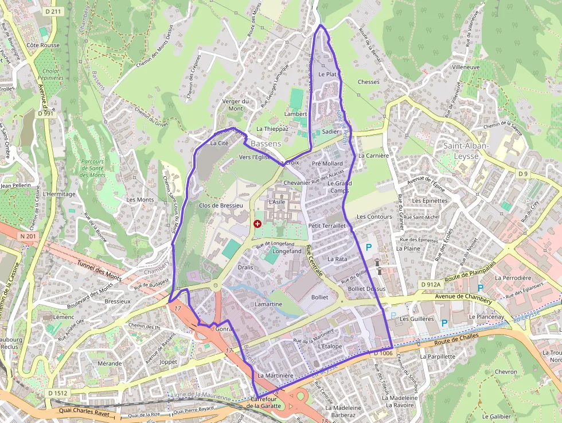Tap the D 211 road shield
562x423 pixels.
click(53, 11)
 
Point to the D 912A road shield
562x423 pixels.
click(430, 284)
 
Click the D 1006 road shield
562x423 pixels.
click(383, 354)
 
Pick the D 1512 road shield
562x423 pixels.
click(57, 393)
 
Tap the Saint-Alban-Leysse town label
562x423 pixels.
click(466, 150)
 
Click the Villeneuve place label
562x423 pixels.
click(466, 67)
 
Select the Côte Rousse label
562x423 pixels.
click(43, 45)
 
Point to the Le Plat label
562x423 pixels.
click(327, 75)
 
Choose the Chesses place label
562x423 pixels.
click(368, 82)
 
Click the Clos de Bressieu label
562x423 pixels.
click(221, 205)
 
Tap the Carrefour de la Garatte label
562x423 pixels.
click(264, 402)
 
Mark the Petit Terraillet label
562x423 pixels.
click(327, 226)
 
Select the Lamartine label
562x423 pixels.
click(268, 304)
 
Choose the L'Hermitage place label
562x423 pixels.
click(59, 194)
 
